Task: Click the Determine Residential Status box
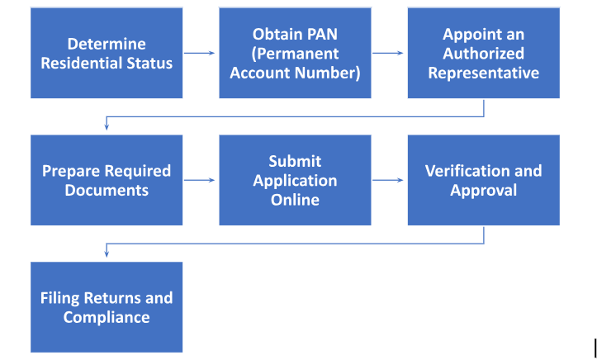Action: tap(107, 53)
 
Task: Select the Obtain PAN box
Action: tap(295, 53)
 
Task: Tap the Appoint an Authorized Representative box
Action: tap(484, 53)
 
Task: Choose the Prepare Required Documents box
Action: tap(107, 180)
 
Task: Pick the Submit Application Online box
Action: tap(295, 180)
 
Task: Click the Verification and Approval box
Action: tap(484, 180)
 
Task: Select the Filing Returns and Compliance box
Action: tap(107, 307)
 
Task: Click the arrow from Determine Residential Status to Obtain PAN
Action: tap(200, 54)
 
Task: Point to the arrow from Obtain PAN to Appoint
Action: tap(388, 54)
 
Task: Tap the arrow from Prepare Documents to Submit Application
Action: tap(200, 180)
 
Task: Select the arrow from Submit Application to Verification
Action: tap(388, 180)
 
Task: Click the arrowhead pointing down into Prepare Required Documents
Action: tap(107, 127)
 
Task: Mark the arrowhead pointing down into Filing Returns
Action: tap(107, 254)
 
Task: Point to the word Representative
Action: tap(484, 73)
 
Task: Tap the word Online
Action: tap(295, 200)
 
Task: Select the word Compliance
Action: tap(107, 317)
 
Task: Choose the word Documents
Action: tap(107, 190)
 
